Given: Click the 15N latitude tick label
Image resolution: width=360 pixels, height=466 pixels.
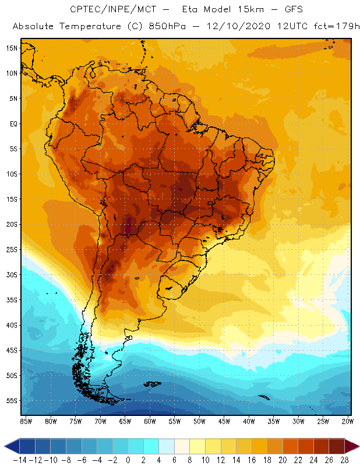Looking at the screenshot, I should click(12, 48).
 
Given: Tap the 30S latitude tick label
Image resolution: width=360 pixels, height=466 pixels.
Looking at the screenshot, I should click(12, 274).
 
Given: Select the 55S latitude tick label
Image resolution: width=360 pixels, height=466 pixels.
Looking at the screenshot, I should click(12, 401).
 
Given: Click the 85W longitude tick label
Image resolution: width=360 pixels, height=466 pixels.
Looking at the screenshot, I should click(26, 421).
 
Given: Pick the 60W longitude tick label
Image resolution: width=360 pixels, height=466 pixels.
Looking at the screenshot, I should click(150, 421).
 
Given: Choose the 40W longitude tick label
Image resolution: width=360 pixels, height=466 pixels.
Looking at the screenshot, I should click(249, 421).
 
